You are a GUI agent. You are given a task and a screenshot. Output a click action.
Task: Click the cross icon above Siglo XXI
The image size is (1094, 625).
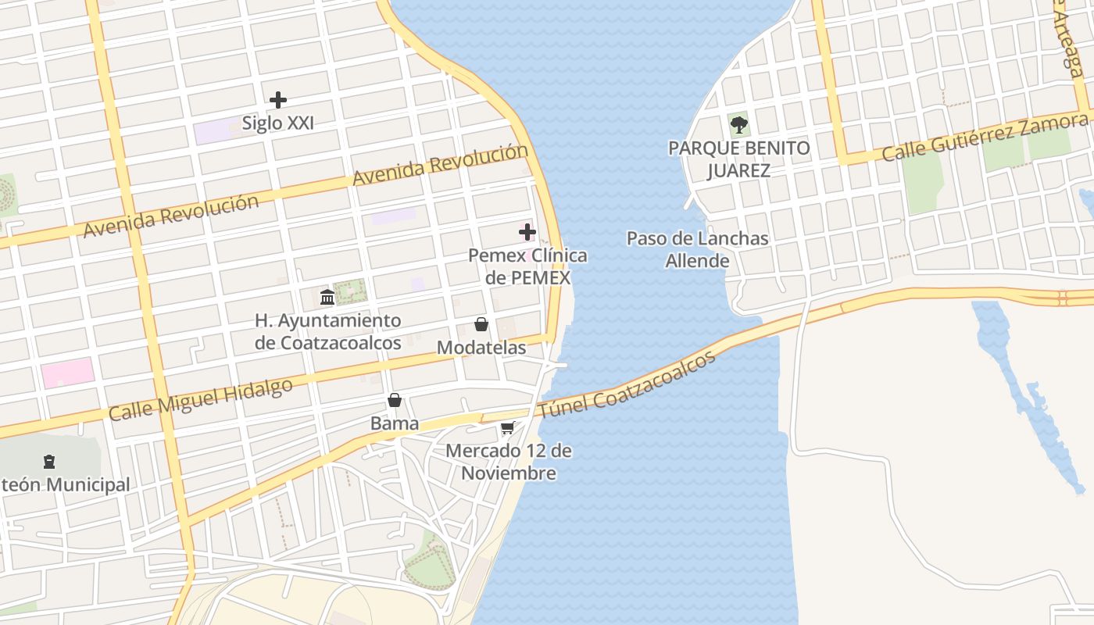pos(277,100)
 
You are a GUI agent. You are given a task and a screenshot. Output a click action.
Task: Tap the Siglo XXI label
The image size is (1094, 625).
pos(277,123)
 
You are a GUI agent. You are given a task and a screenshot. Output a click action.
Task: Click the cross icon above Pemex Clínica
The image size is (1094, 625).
pos(527,231)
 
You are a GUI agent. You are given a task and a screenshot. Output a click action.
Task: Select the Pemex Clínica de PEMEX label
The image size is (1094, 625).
pos(527,266)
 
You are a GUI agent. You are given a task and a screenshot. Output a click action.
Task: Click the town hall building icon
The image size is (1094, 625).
pos(327,297)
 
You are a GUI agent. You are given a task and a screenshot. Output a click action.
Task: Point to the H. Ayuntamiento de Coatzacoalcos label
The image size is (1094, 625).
pos(328,331)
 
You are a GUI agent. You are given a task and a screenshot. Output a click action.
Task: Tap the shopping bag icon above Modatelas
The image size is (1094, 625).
pos(481,324)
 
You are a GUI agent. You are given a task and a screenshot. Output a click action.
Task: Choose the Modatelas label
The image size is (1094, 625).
pos(481,348)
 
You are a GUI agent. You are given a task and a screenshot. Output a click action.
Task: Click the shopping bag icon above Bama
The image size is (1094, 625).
pos(395,401)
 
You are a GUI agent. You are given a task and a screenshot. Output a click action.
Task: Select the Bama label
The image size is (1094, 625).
pos(395,423)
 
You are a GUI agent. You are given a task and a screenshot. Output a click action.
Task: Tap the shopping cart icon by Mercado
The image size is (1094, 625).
pos(507,428)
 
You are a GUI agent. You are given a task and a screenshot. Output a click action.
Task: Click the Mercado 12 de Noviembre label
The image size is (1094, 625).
pos(509,462)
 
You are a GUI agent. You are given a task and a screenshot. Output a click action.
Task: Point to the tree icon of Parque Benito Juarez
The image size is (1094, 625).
pos(738,123)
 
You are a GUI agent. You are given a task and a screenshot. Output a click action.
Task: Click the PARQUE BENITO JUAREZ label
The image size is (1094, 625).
pos(738,159)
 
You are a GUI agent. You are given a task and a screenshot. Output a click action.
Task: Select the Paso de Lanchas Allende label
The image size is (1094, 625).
pos(698,249)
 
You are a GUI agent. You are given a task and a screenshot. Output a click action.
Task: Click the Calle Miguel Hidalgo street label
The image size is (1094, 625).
pos(201,399)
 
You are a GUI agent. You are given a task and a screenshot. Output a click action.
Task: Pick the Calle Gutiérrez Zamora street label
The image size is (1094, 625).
pos(985,137)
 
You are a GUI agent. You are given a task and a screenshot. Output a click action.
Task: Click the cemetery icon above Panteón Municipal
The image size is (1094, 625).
pos(49,461)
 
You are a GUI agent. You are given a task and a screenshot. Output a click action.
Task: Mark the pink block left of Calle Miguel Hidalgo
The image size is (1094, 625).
pos(67,373)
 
